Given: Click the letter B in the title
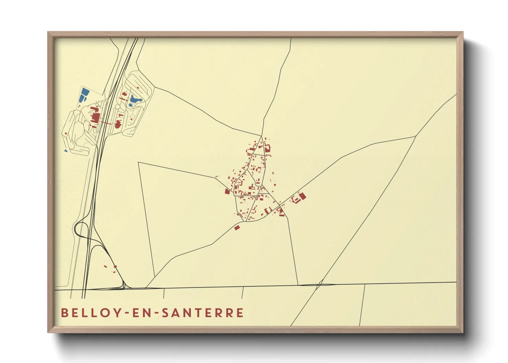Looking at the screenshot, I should coord(64,313).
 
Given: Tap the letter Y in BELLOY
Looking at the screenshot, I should coord(118,313).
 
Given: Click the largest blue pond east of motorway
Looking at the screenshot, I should coord(135,100).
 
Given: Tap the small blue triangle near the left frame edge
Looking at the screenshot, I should coord(66,150).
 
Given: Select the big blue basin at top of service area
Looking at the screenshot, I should coord(84,95).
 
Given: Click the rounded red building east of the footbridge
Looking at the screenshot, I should coord(119,124).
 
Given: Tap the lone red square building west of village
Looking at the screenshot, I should coord(227,191).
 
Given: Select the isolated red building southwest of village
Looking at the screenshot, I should coord(236,227).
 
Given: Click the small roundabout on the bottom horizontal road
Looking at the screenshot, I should coord(320,283).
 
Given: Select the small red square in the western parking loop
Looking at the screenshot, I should coord(66,133).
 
